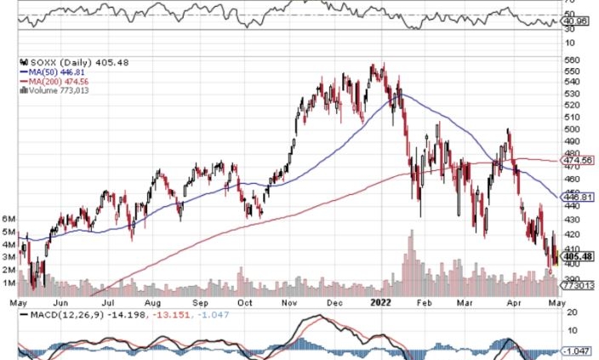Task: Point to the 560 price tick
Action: click(572, 60)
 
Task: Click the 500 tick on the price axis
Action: click(572, 129)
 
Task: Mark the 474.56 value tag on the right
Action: click(576, 159)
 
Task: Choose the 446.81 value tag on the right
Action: click(576, 197)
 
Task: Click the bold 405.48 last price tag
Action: click(576, 255)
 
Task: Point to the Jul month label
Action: click(109, 301)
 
